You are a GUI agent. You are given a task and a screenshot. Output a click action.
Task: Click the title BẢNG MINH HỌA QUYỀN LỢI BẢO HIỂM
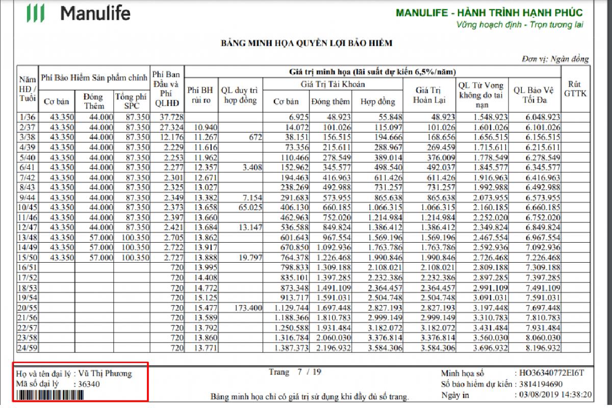click(307, 43)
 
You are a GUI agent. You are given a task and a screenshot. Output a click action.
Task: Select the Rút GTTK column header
click(575, 89)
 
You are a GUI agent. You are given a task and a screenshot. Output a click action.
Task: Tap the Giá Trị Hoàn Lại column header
click(430, 95)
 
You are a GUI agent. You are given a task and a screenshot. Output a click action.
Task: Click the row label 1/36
click(27, 117)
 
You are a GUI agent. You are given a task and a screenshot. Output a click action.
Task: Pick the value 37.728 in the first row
click(166, 117)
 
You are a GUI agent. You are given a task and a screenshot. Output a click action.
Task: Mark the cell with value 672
click(253, 137)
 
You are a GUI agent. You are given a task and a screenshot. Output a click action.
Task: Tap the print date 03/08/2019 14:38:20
click(553, 394)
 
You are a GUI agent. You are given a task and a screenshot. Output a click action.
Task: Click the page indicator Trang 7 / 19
click(295, 372)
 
